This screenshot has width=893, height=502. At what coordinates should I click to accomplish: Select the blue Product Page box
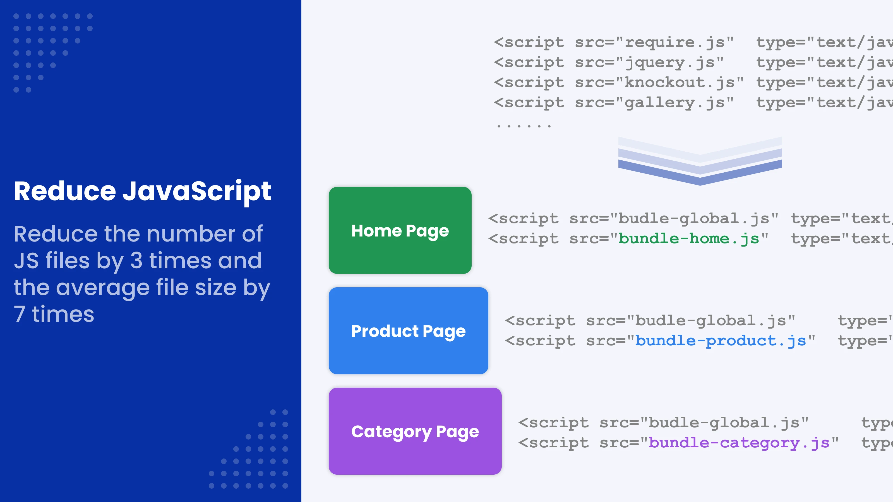(x=408, y=330)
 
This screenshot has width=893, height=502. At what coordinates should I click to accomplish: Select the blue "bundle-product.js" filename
(x=720, y=341)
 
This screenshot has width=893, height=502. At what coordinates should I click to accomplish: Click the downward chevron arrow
(x=700, y=161)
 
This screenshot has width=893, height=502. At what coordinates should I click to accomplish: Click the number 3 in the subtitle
(x=136, y=260)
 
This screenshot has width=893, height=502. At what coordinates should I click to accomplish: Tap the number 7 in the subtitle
(x=20, y=314)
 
